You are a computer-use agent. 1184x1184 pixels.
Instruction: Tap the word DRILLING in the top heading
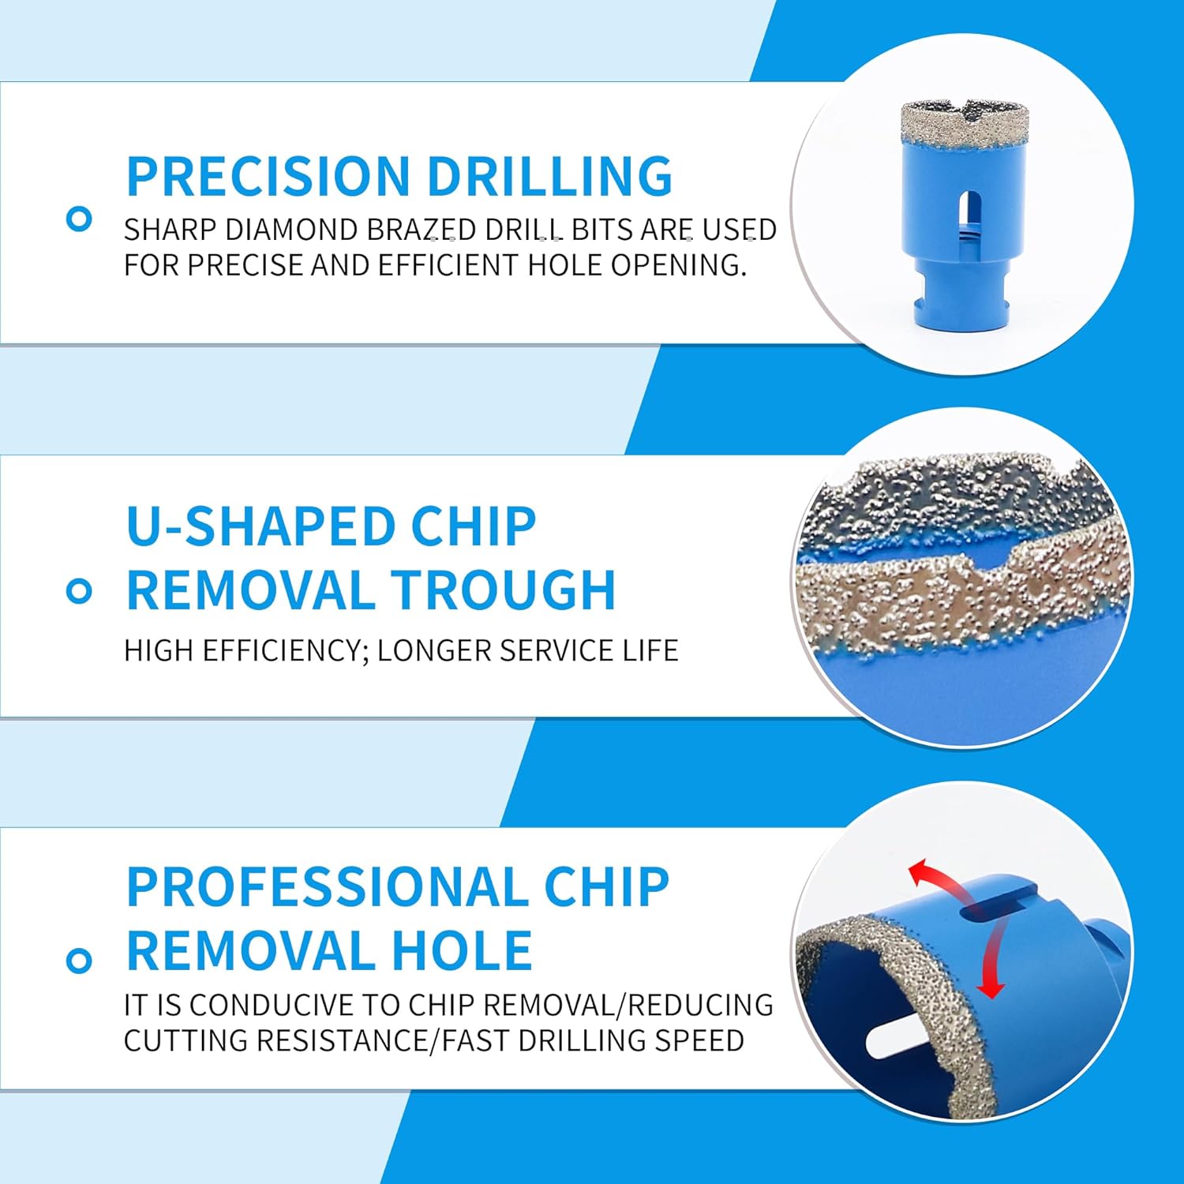(x=549, y=175)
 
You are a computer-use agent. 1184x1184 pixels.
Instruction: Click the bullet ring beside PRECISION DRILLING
(x=79, y=219)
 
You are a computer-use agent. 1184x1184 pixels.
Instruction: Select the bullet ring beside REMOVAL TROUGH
(x=79, y=590)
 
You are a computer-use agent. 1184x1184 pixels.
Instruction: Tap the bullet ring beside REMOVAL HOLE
(x=79, y=961)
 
